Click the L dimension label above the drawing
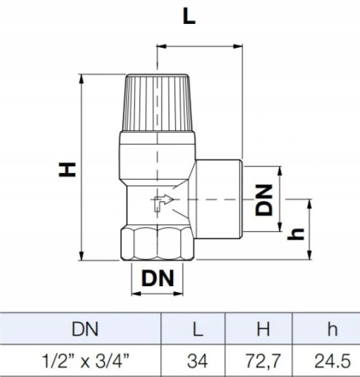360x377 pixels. pyautogui.click(x=189, y=17)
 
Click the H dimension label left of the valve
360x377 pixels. pyautogui.click(x=67, y=169)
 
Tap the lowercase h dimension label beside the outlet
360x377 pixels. pyautogui.click(x=296, y=234)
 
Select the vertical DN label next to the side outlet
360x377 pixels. pyautogui.click(x=264, y=200)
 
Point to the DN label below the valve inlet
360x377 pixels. pyautogui.click(x=157, y=278)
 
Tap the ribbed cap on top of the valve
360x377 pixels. pyautogui.click(x=157, y=103)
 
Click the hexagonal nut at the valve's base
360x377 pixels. pyautogui.click(x=157, y=244)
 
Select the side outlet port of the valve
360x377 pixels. pyautogui.click(x=218, y=199)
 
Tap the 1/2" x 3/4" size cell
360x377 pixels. pyautogui.click(x=86, y=361)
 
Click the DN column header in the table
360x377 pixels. pyautogui.click(x=85, y=329)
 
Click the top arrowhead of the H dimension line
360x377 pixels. pyautogui.click(x=81, y=79)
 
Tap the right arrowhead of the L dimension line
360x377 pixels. pyautogui.click(x=238, y=46)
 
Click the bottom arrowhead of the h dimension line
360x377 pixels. pyautogui.click(x=309, y=255)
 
